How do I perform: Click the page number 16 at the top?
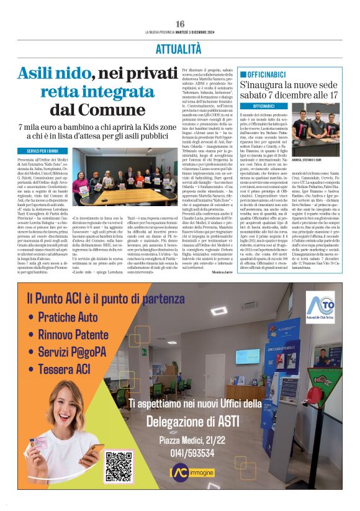coord(180,24)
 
